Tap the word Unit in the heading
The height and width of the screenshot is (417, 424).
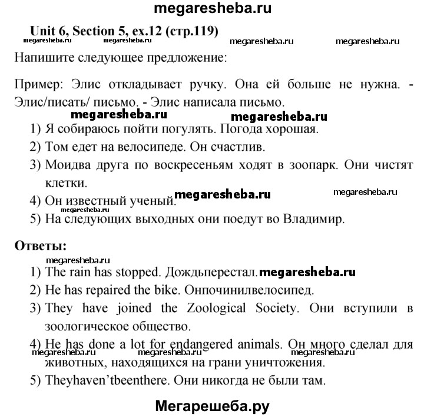tap(40, 32)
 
